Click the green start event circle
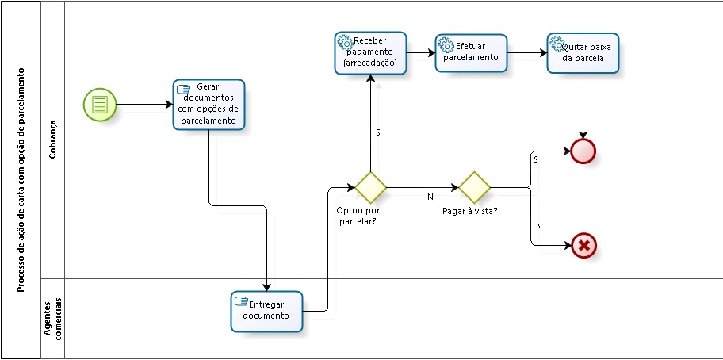[100, 105]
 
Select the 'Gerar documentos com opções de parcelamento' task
[208, 104]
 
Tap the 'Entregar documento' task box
[266, 311]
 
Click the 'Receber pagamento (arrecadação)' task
[370, 52]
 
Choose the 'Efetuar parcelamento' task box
[471, 52]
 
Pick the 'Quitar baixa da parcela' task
[583, 52]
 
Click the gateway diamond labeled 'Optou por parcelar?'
[370, 187]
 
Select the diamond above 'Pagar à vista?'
[474, 187]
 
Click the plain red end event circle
[583, 151]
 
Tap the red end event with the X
[583, 246]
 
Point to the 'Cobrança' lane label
[52, 140]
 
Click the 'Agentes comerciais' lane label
[52, 318]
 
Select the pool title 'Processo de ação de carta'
[21, 179]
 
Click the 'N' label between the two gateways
[430, 196]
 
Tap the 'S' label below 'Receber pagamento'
[377, 132]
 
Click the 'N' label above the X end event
[539, 226]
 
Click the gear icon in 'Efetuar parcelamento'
[446, 45]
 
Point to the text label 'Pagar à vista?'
[469, 211]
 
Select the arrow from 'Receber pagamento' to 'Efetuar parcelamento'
[420, 53]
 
